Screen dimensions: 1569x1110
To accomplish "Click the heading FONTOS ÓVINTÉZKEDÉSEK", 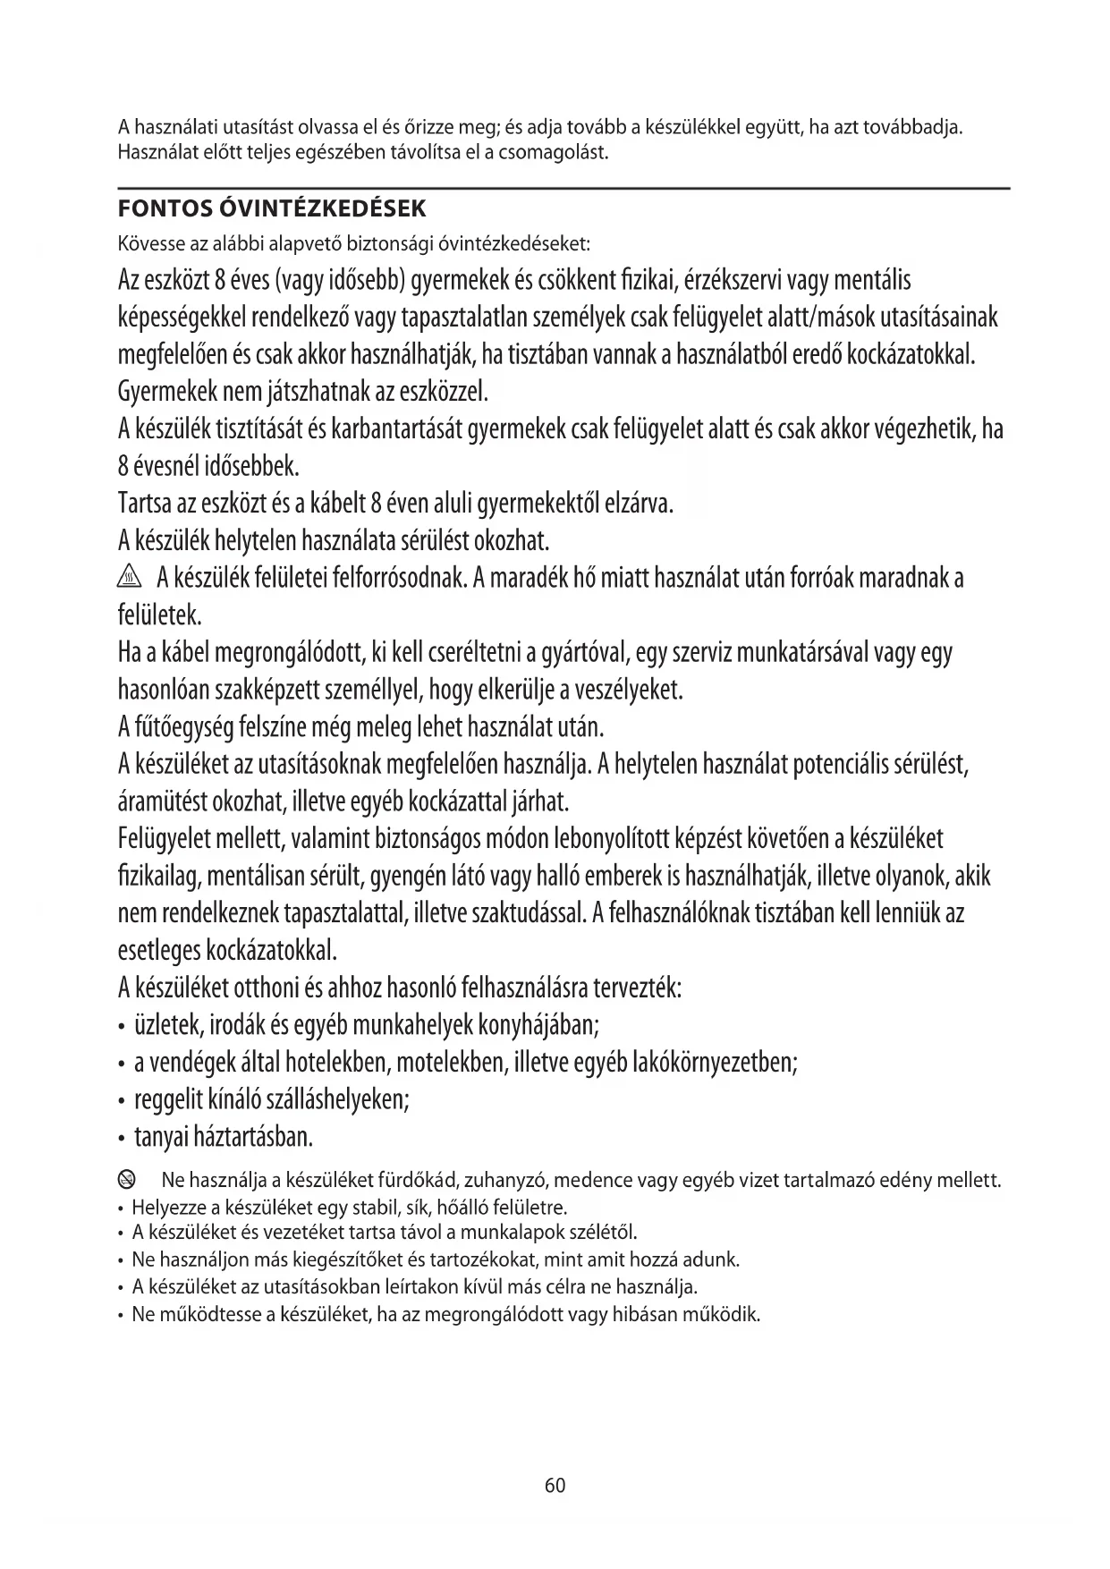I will pos(272,209).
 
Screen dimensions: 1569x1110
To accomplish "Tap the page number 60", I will pos(555,1485).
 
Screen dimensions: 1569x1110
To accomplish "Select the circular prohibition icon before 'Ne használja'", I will pos(127,1180).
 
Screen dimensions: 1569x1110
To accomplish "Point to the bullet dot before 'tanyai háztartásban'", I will pos(122,1140).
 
